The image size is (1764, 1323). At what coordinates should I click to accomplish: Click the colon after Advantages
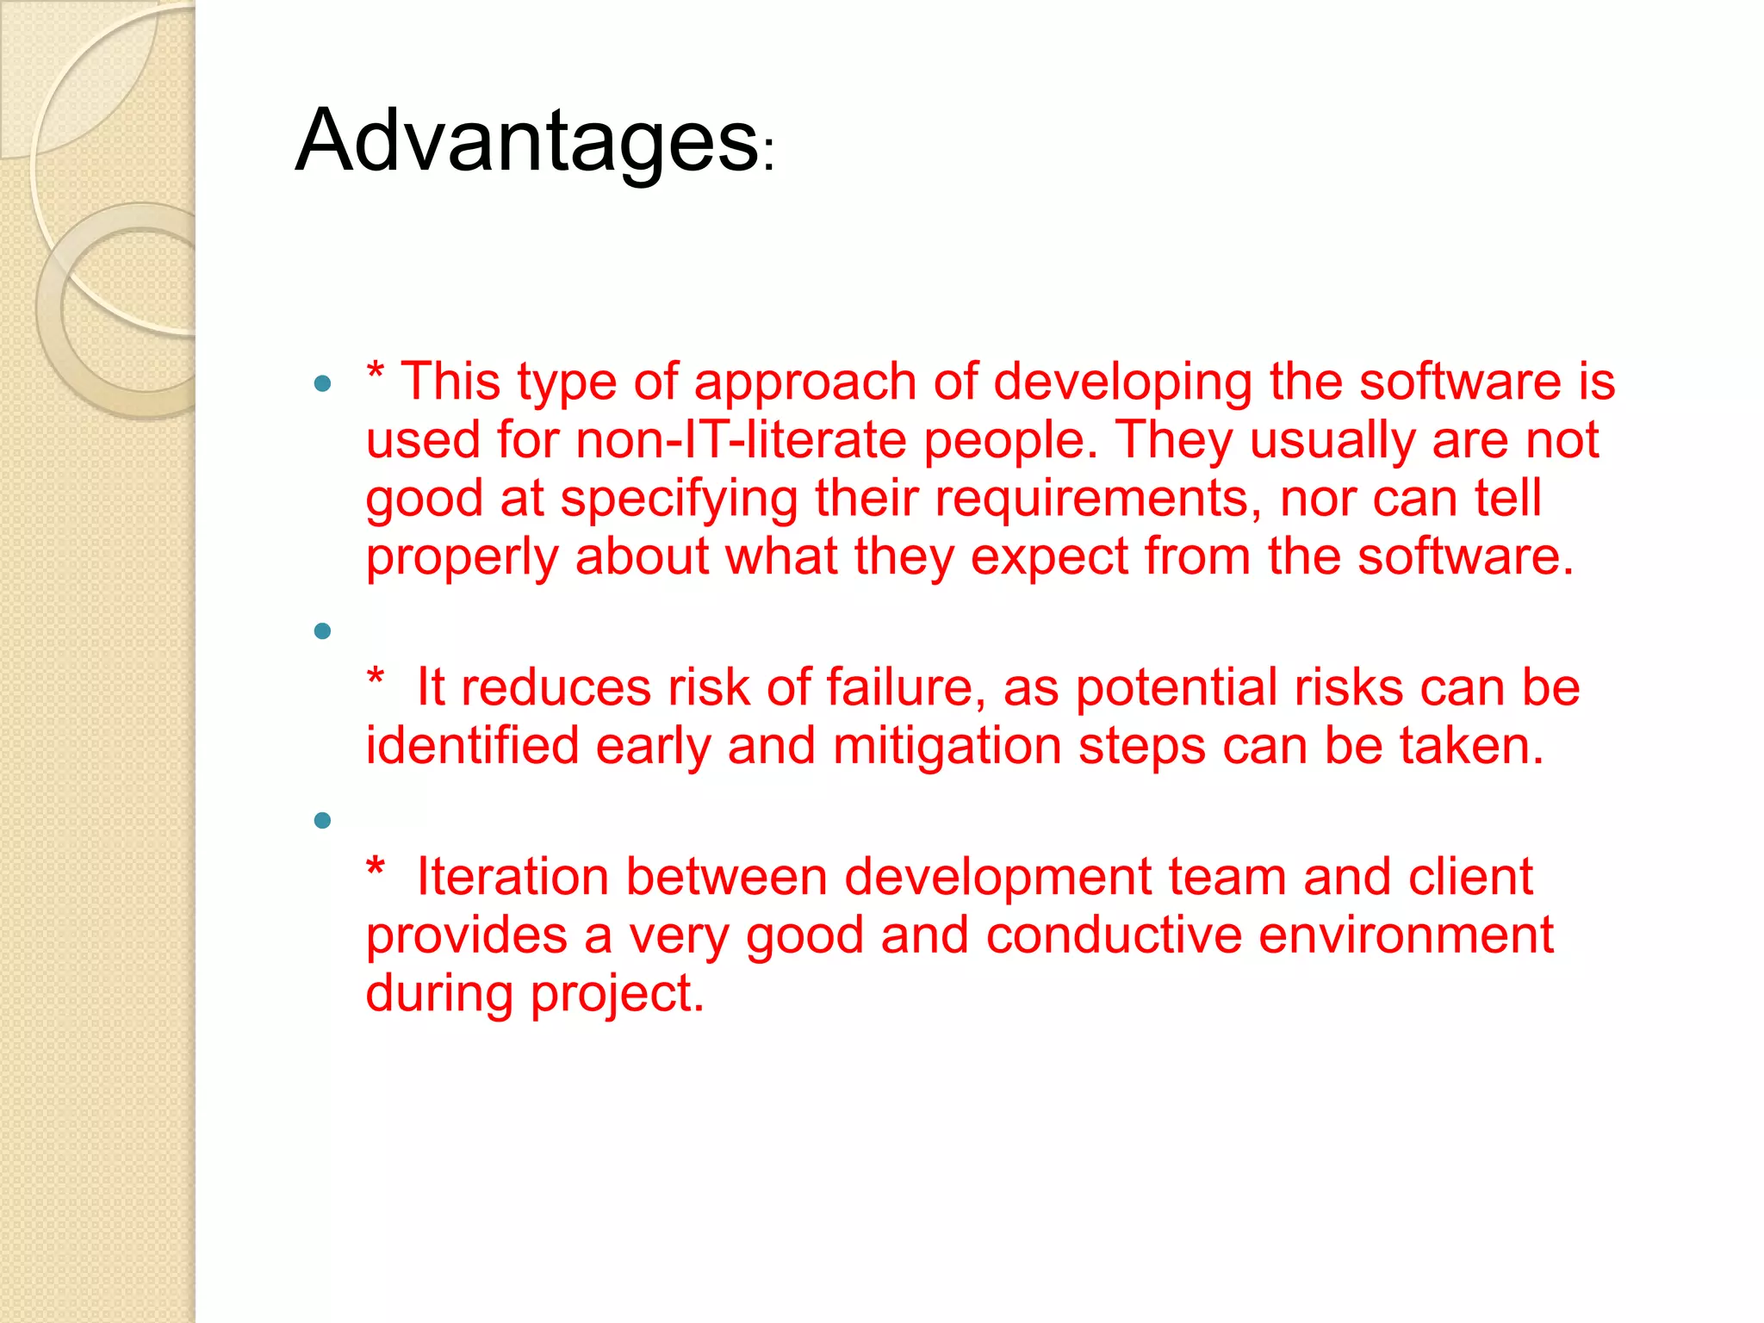(769, 155)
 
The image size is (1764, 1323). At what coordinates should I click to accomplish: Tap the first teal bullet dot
(323, 384)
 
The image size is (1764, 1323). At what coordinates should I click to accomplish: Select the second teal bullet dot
(323, 632)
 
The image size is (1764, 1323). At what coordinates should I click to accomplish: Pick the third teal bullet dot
(323, 821)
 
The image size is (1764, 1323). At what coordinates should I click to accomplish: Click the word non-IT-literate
(741, 440)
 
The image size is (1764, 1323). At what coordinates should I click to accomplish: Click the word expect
(1049, 557)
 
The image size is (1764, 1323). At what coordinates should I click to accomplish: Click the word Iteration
(512, 877)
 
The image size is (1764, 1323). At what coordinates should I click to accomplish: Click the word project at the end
(617, 995)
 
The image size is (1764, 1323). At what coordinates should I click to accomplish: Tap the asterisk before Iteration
(376, 867)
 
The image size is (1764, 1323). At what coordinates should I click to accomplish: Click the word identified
(472, 746)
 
